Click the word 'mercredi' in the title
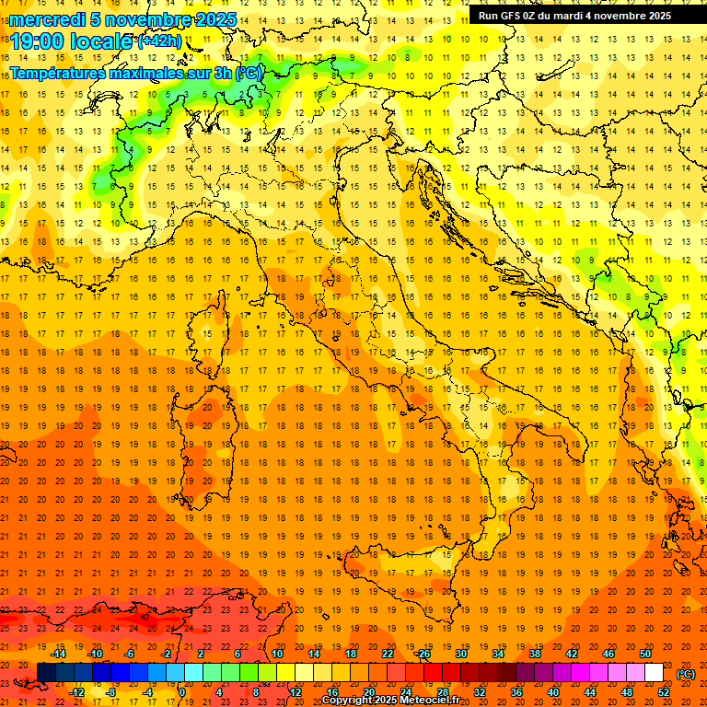coord(47,19)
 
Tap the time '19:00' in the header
coord(36,41)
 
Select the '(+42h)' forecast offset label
coord(160,41)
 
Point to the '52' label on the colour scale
coord(665,692)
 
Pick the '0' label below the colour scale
coord(183,692)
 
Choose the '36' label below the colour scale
coord(516,692)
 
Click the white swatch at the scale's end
coord(654,673)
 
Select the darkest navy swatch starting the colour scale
coord(46,673)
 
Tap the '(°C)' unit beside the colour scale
coord(685,674)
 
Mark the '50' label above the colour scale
coord(645,654)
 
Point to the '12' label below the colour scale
coord(295,692)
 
